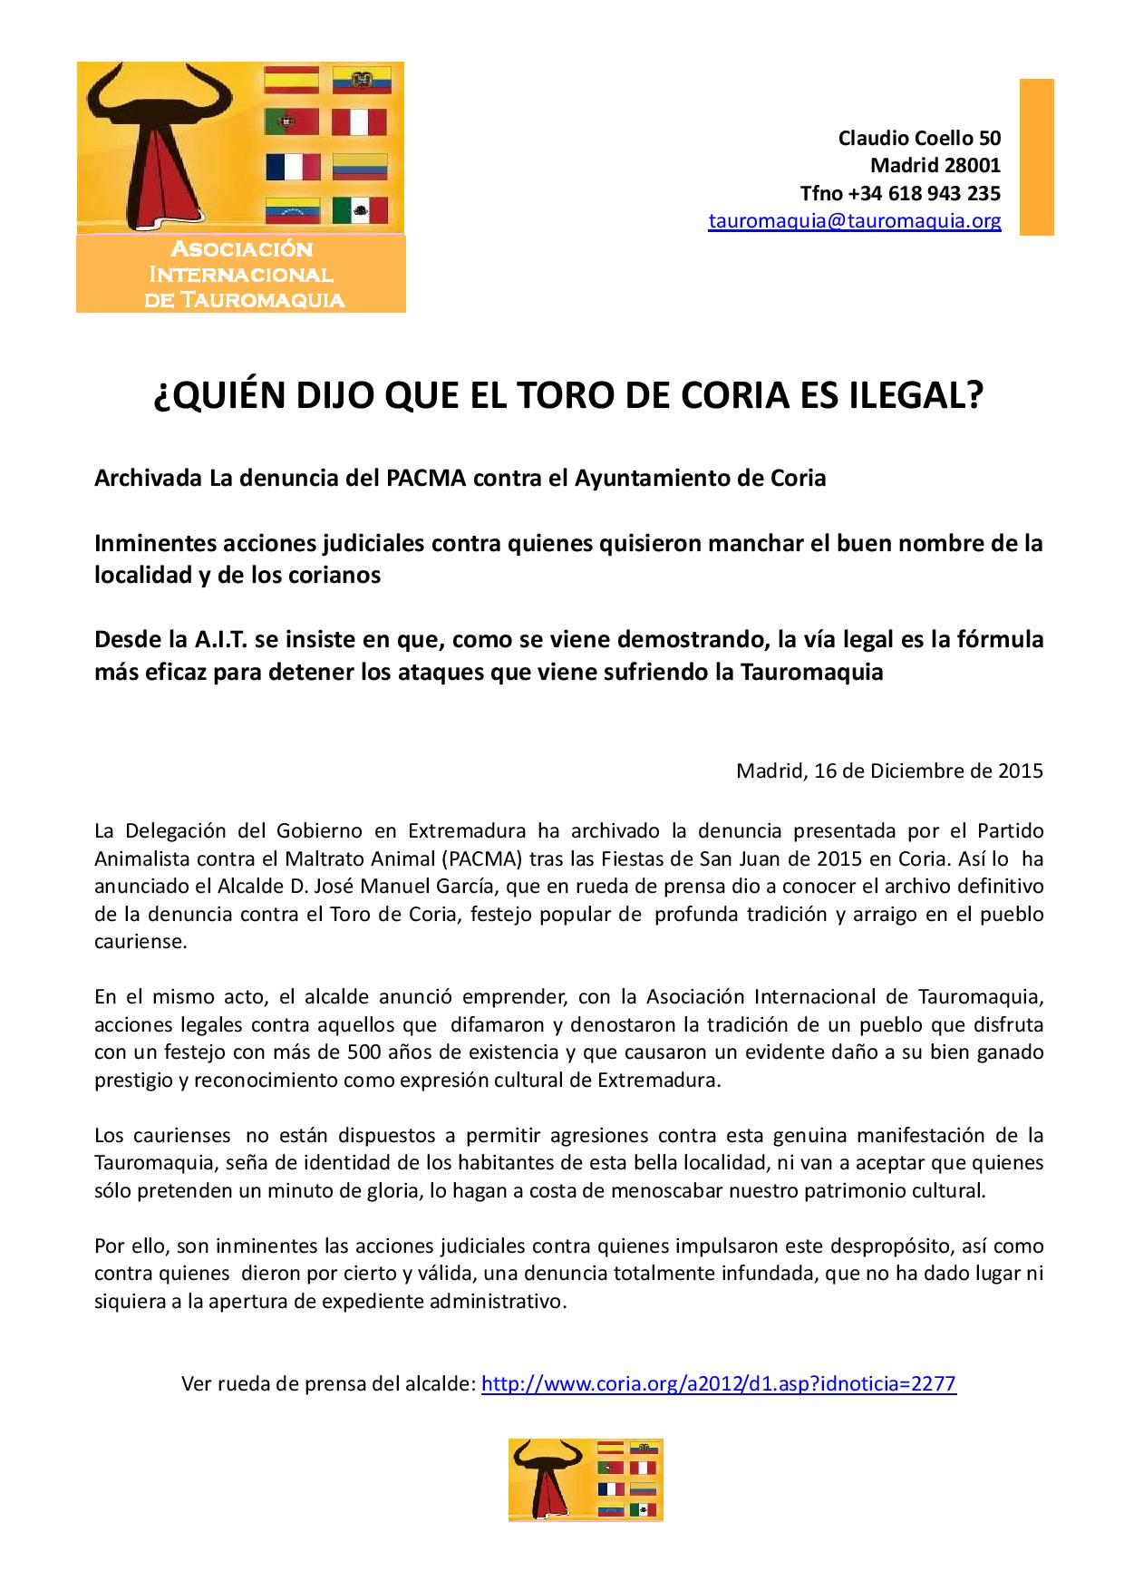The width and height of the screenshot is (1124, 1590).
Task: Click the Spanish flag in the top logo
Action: (x=292, y=81)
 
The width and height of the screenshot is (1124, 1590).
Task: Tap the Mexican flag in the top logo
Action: (x=360, y=211)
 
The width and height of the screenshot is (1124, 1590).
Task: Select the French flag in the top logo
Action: (x=293, y=167)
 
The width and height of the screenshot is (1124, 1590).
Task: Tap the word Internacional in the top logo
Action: (x=241, y=274)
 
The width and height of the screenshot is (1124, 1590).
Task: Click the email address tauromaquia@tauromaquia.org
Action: (x=854, y=220)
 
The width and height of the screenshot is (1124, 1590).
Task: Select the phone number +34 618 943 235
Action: (x=925, y=193)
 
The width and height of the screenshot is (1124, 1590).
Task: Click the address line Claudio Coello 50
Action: (x=919, y=138)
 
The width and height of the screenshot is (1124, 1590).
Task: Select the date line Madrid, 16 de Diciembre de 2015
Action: (x=889, y=771)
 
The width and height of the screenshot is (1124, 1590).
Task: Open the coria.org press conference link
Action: (x=718, y=1384)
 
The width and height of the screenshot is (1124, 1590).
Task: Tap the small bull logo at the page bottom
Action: (x=586, y=1479)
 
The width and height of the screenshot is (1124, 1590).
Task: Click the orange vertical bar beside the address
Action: (x=1037, y=157)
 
